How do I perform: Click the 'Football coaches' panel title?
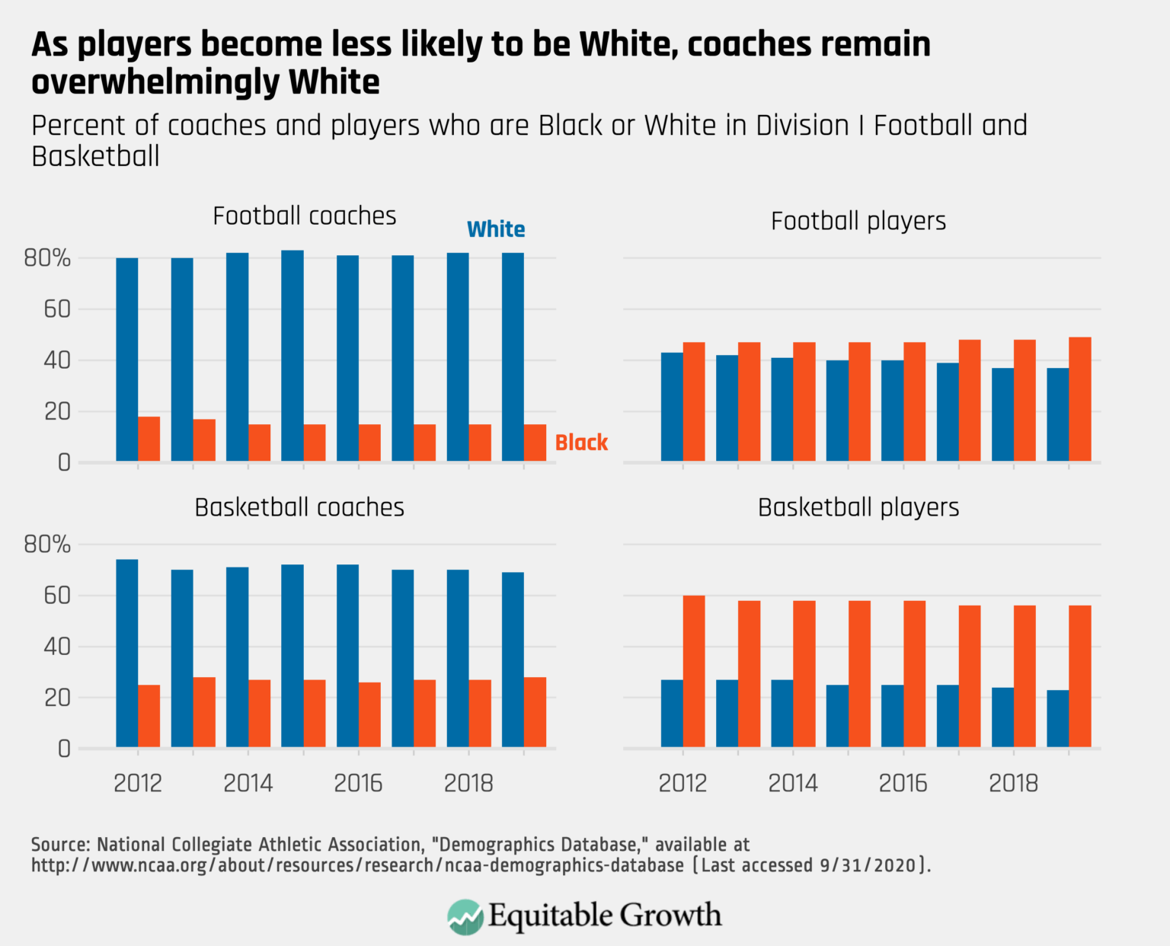point(304,216)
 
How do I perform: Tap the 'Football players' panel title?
point(858,222)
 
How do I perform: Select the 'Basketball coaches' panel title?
point(299,508)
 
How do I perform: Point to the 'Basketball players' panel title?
point(858,508)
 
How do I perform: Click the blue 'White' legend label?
point(496,229)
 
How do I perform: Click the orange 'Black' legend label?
point(581,443)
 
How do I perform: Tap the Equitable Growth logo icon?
point(465,916)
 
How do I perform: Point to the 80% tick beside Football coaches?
point(47,259)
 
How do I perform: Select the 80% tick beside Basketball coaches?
point(47,545)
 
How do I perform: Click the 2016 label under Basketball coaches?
point(358,783)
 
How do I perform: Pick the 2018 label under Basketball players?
point(1013,783)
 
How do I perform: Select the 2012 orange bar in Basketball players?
point(694,671)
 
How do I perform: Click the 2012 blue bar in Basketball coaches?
point(127,653)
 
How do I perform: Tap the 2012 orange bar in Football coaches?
point(149,439)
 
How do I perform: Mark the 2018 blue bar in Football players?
point(1002,414)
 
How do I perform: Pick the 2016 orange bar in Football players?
point(915,401)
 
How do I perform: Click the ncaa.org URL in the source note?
point(357,866)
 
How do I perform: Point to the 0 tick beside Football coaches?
point(64,463)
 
